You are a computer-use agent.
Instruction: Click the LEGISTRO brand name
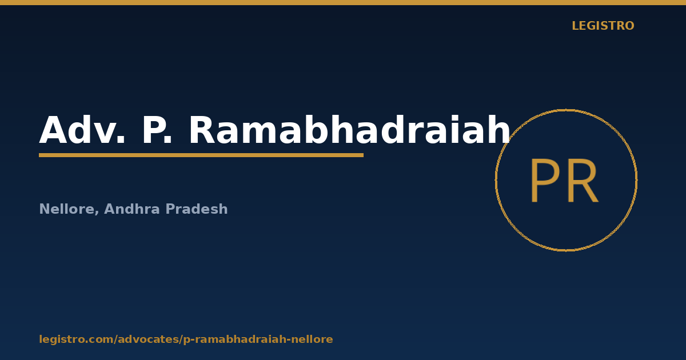(603, 26)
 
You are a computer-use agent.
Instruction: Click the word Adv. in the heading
(82, 129)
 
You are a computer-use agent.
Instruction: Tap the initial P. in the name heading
(157, 130)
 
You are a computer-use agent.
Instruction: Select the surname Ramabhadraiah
(349, 129)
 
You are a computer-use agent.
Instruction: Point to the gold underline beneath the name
(201, 155)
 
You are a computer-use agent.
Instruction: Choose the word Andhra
(132, 209)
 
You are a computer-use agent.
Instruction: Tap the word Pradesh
(197, 209)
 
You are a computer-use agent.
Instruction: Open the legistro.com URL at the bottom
(186, 339)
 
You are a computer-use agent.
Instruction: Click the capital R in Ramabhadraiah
(203, 130)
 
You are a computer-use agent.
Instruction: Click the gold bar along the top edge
(343, 2)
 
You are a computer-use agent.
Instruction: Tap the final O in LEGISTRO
(629, 26)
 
